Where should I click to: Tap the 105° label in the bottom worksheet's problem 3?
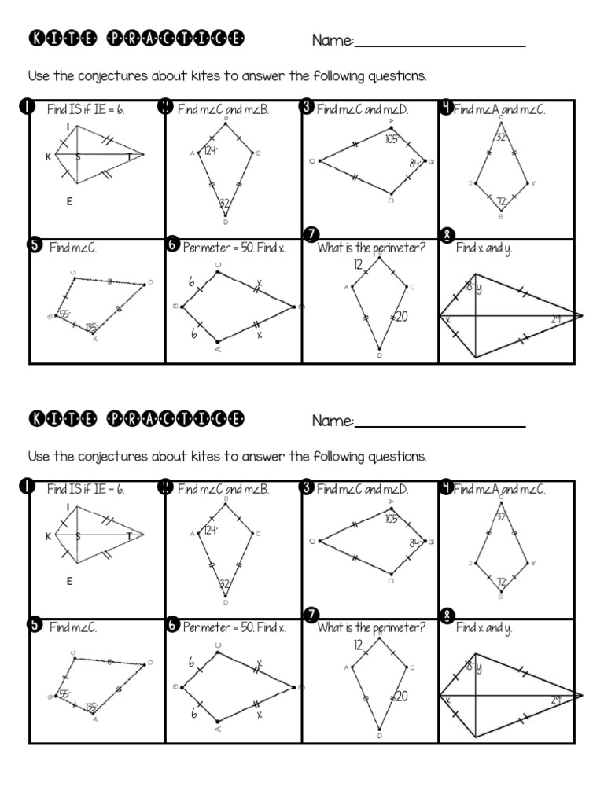(x=392, y=519)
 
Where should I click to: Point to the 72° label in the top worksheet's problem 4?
(x=503, y=202)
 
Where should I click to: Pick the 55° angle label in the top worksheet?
(x=64, y=314)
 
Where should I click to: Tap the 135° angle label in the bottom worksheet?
(x=92, y=706)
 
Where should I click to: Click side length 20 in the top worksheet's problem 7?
(x=401, y=317)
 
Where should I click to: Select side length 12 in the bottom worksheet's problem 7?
(x=359, y=645)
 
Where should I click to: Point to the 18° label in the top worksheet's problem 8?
(x=469, y=287)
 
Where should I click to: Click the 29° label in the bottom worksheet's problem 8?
(x=557, y=699)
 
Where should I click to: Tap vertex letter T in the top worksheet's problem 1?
(x=129, y=156)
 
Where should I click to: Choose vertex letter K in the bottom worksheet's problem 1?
(x=48, y=536)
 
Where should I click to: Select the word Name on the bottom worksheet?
(x=332, y=421)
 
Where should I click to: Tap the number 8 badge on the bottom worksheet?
(x=447, y=616)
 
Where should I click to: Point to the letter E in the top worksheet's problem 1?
(x=69, y=201)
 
